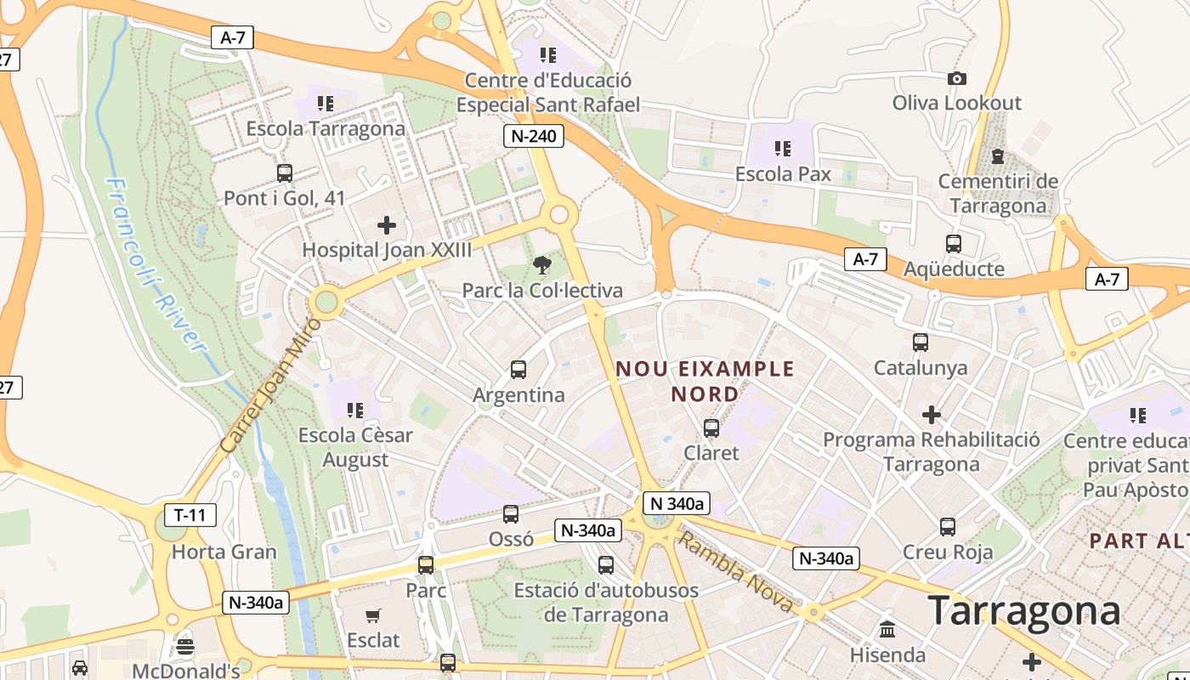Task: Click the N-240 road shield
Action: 534,136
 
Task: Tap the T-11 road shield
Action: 190,514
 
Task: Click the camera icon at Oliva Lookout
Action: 956,79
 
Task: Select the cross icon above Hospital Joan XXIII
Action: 387,225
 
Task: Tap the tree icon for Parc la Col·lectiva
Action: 541,266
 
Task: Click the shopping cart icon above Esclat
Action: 372,615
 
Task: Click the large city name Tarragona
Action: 1023,611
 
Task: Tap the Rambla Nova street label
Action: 736,570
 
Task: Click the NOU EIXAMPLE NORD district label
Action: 705,382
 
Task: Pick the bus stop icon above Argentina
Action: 518,370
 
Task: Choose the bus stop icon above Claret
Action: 711,428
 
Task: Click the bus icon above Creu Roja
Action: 948,527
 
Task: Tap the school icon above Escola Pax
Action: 783,150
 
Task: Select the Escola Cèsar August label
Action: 355,447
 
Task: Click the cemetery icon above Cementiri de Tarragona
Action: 998,156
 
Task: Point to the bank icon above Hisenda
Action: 887,630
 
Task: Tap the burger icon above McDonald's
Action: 185,647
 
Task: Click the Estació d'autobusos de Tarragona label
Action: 606,602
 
